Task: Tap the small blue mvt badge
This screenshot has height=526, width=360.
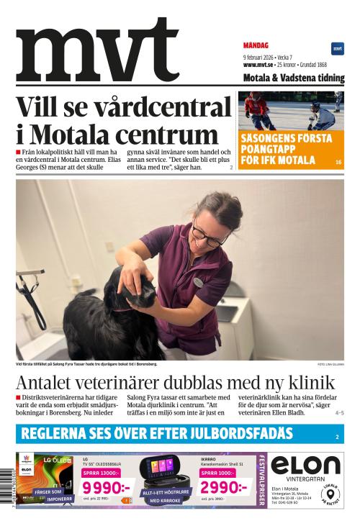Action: [x=337, y=49]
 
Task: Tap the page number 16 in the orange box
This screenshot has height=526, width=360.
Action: [x=338, y=163]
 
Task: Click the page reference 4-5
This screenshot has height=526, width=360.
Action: [x=339, y=413]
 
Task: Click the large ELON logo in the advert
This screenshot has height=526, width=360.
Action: [x=305, y=465]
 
